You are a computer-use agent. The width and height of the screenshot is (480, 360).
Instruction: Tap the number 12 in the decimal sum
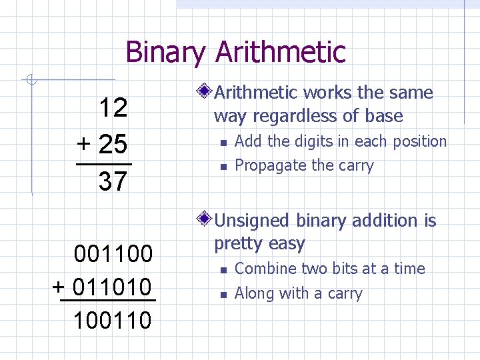pos(113,107)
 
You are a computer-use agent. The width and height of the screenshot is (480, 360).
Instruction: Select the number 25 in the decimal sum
pos(113,144)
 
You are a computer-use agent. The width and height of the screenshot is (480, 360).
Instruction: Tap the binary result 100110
pos(113,321)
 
